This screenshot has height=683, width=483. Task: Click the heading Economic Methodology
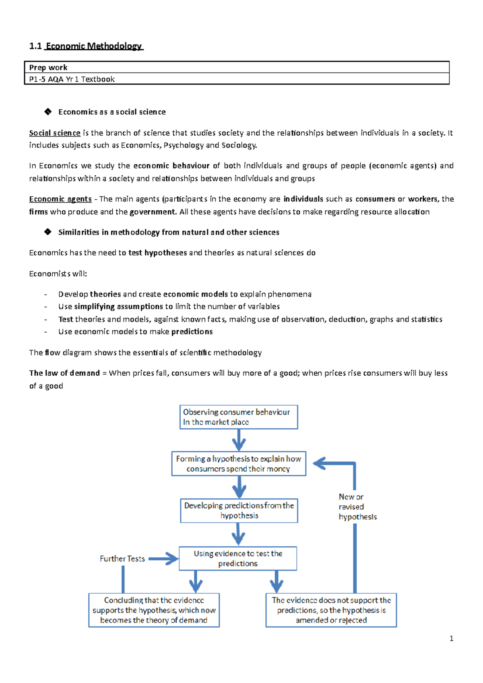coord(94,46)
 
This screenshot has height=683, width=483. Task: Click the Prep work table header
coord(48,68)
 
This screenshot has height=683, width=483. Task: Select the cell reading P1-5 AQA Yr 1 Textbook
coord(72,79)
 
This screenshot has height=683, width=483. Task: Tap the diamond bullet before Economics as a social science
coord(48,112)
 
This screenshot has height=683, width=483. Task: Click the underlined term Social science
coord(55,133)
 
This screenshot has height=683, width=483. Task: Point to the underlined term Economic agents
coord(60,199)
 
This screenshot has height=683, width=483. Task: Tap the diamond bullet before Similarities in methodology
coord(48,232)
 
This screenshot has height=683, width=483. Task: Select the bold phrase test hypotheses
coord(157,253)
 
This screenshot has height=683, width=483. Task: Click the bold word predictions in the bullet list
coord(192,332)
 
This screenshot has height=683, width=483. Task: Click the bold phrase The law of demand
coord(64,373)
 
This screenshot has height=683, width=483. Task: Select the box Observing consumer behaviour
coord(238,417)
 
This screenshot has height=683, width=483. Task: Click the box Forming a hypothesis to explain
coord(238,464)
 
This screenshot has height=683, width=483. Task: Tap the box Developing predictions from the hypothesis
coord(239,510)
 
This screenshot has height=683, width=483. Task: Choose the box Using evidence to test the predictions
coord(237,558)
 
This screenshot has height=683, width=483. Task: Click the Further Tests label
coord(122,559)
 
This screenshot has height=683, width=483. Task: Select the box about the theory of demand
coord(154,610)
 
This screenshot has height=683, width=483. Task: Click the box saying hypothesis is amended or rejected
coord(331,610)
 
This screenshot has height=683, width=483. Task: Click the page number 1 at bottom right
coord(451,638)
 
